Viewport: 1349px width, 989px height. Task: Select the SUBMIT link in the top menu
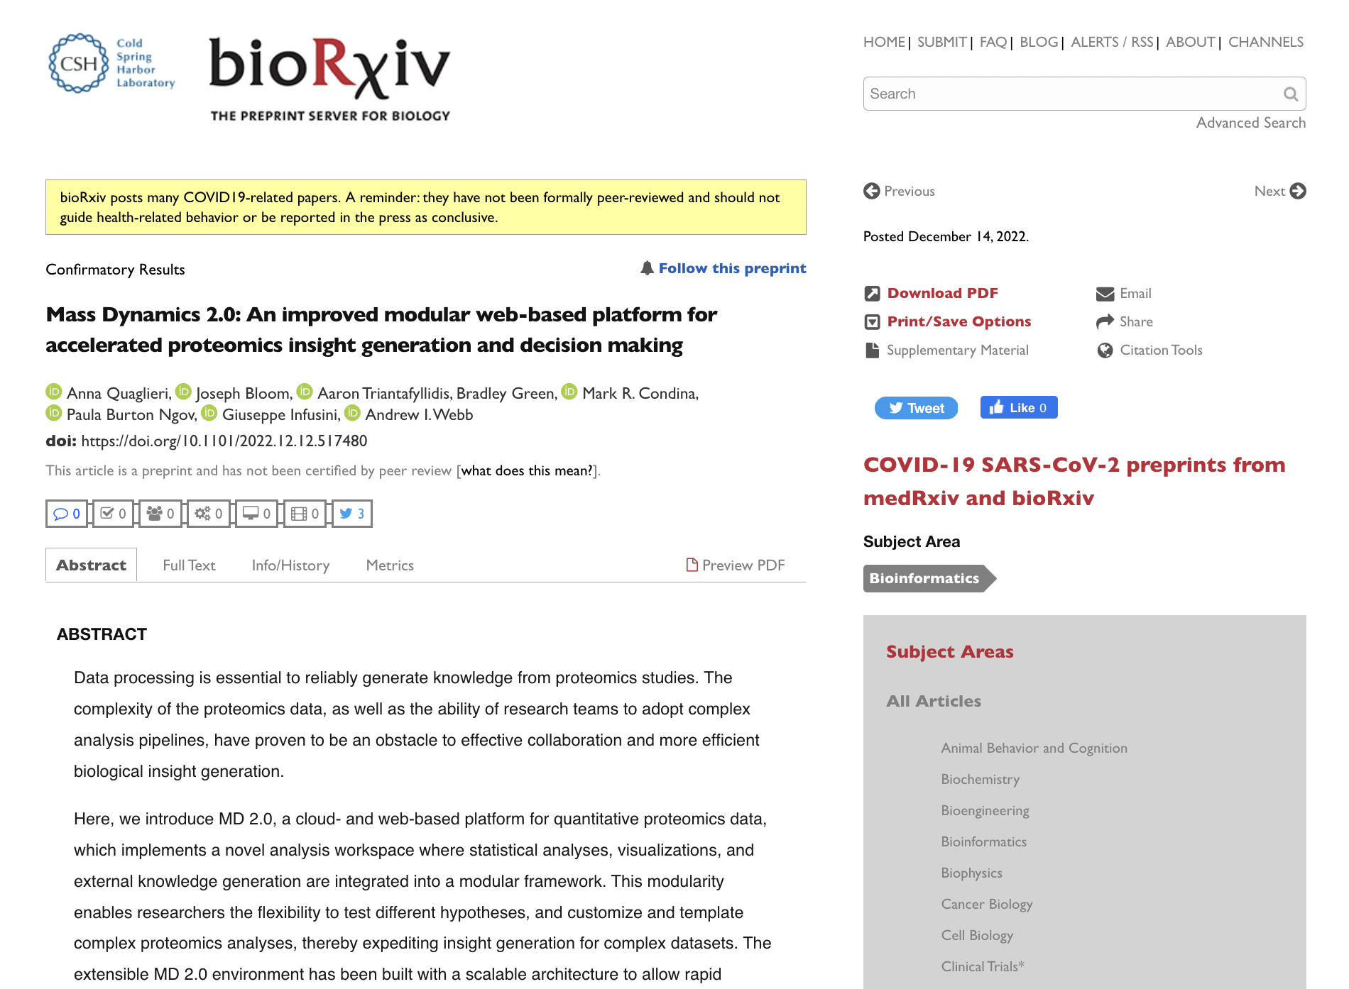[941, 42]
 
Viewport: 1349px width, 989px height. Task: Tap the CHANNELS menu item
[1265, 42]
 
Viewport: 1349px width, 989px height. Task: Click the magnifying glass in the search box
[1290, 94]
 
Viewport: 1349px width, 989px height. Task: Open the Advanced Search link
[1250, 123]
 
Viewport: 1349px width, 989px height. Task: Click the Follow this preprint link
[731, 268]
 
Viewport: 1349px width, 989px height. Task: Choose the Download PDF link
[942, 293]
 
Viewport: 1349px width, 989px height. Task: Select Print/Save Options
[958, 321]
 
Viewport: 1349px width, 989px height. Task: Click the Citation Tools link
[1160, 350]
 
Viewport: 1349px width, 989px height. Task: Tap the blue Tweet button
[916, 408]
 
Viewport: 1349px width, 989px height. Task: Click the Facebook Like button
[1018, 407]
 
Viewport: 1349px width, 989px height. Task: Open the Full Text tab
[189, 565]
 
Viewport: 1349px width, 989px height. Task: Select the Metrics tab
[390, 565]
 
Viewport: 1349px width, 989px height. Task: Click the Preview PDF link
[736, 565]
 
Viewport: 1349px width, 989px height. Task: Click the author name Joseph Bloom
[243, 393]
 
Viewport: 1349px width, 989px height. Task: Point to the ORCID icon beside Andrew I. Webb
[353, 413]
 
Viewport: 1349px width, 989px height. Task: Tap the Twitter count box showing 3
[352, 514]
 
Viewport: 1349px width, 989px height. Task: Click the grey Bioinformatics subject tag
[924, 578]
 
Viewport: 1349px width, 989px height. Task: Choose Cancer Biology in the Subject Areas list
[986, 904]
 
